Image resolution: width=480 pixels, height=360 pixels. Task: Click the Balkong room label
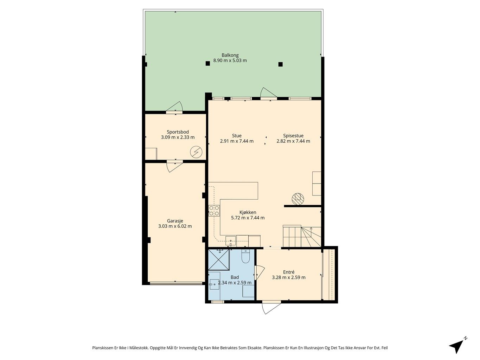tap(230, 55)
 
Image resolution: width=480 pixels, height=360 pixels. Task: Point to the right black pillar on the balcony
tap(280, 64)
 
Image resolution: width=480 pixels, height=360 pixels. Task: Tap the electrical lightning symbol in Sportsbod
tap(196, 152)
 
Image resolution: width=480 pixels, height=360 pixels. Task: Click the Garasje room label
tap(175, 221)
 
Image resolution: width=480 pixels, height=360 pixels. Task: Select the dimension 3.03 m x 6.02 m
tap(175, 226)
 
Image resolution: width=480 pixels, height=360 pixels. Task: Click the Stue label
tap(237, 136)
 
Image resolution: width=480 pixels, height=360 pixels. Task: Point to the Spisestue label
tap(293, 136)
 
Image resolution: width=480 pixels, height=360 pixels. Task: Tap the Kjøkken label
tap(248, 212)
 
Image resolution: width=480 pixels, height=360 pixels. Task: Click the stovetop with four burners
tap(214, 211)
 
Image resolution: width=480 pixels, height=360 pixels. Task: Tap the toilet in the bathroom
tap(245, 257)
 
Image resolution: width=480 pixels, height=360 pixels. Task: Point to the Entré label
tap(288, 272)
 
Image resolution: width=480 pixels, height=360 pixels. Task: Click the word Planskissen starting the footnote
tap(103, 348)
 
